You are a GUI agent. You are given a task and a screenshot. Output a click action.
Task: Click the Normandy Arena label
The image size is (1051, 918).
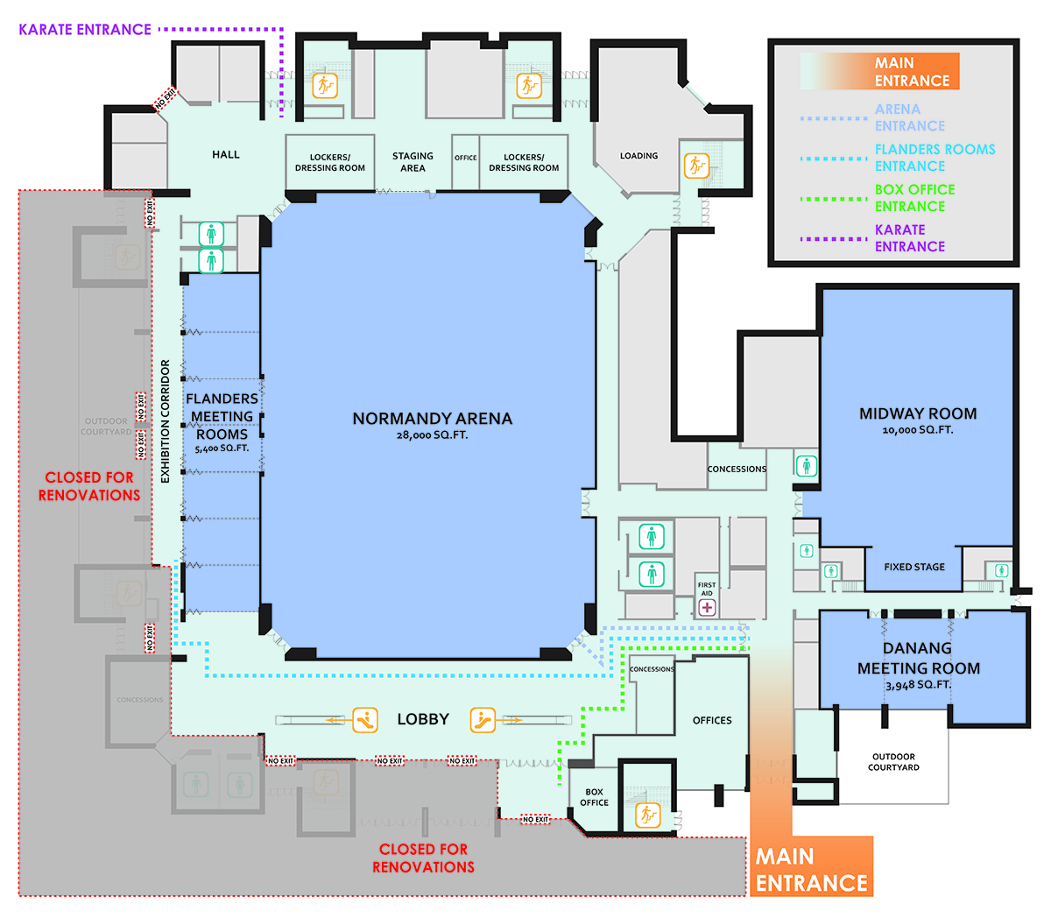[432, 419]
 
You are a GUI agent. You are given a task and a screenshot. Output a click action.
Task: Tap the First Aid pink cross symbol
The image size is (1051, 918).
[707, 607]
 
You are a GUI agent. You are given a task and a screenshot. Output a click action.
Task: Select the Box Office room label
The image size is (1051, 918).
[594, 797]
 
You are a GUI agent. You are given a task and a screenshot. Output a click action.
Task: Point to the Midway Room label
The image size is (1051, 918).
[918, 413]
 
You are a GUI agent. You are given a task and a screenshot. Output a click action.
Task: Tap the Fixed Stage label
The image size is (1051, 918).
[914, 567]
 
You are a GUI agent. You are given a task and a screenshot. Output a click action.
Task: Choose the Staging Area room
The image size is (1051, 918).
[413, 162]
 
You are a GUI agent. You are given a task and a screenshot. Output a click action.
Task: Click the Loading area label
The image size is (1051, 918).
[638, 156]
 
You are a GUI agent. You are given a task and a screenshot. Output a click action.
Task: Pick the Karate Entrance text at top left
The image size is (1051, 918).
[85, 30]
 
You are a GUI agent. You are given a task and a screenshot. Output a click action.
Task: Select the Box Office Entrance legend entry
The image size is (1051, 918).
[914, 198]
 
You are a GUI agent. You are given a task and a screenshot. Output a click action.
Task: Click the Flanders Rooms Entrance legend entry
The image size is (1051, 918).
[935, 158]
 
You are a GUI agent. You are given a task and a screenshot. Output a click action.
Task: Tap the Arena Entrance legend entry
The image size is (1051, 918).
[909, 117]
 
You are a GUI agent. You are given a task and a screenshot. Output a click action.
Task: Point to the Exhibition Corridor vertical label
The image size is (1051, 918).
[165, 421]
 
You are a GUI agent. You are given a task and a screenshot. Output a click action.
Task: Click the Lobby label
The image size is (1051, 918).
[423, 719]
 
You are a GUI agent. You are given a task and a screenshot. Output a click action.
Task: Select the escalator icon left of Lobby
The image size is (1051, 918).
[365, 720]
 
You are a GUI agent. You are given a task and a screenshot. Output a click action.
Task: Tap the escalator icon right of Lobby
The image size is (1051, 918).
[483, 720]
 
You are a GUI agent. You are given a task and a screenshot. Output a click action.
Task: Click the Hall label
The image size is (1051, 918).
[225, 154]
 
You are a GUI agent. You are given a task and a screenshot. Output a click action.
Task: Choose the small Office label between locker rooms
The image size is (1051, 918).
[466, 158]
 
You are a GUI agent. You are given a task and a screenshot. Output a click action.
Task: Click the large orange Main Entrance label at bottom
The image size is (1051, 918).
[811, 869]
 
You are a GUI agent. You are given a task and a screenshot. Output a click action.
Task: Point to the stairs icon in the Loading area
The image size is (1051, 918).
[696, 165]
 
